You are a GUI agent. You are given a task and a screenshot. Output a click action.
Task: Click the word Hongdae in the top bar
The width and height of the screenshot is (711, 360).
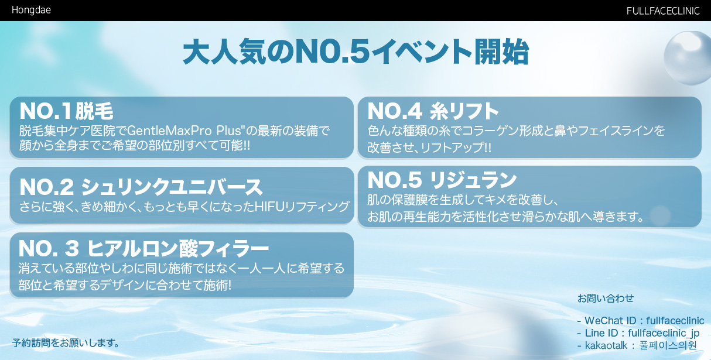tap(31, 10)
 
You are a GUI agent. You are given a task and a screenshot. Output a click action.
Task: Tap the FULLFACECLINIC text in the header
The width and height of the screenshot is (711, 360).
tap(663, 11)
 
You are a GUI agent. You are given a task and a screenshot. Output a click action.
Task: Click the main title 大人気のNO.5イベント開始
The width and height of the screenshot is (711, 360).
tap(356, 52)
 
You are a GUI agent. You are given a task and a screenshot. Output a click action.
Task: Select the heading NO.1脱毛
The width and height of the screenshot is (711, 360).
tap(66, 111)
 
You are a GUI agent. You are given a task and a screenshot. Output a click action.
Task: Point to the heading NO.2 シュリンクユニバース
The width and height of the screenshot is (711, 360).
tap(141, 187)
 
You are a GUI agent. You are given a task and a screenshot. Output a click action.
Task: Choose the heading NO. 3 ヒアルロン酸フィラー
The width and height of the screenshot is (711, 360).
tap(144, 248)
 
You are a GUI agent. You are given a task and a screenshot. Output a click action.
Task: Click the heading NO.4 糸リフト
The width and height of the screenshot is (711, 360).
tap(433, 111)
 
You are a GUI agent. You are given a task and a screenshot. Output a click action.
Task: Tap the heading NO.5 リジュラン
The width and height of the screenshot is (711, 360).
tap(442, 180)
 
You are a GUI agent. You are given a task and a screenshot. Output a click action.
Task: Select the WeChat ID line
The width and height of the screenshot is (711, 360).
tap(641, 321)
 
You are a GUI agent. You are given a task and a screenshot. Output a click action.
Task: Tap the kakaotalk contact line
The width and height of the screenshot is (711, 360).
tap(637, 345)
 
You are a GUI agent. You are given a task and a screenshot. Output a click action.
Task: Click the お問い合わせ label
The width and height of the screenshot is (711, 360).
tap(606, 298)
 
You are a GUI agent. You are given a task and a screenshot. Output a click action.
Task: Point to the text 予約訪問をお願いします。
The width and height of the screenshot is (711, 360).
tap(66, 343)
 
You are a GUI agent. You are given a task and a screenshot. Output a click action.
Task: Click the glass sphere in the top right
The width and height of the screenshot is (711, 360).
tap(688, 58)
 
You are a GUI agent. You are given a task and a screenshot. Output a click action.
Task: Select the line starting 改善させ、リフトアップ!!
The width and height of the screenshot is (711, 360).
tap(429, 148)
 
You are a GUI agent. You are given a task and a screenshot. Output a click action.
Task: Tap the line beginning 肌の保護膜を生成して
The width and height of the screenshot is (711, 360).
tap(463, 200)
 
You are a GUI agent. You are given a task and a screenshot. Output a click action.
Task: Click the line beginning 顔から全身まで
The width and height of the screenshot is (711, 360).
tap(135, 146)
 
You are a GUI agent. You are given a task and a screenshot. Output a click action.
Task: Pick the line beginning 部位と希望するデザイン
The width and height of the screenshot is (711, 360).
tap(125, 285)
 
